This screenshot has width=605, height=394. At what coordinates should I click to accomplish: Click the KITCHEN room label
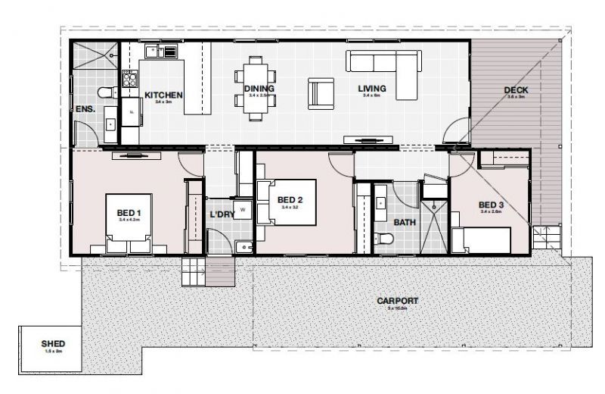(163, 95)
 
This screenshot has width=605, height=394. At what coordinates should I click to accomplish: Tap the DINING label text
(259, 89)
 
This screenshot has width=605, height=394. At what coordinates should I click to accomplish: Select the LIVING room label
(372, 89)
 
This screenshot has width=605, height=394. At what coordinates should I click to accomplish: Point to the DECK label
(517, 91)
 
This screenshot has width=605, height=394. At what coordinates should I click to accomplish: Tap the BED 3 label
(492, 205)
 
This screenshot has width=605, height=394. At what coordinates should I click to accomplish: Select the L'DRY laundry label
(222, 214)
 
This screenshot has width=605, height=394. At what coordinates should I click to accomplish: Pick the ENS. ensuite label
(85, 109)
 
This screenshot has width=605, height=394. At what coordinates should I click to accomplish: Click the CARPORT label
(397, 301)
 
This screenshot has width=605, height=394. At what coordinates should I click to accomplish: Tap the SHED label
(53, 343)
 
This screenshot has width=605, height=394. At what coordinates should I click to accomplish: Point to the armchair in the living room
(321, 94)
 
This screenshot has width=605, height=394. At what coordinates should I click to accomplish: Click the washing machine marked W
(244, 208)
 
